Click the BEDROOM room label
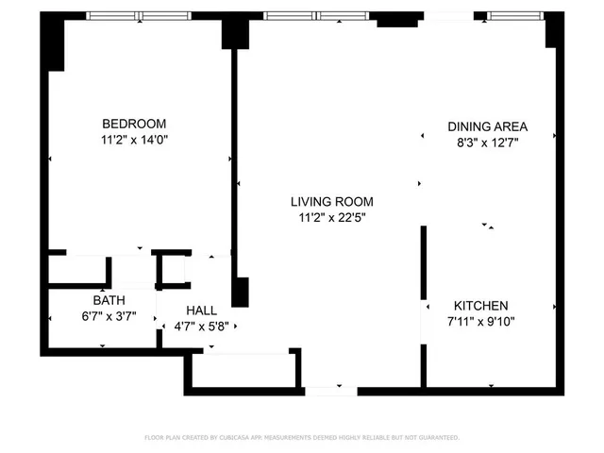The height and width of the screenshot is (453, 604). [134, 124]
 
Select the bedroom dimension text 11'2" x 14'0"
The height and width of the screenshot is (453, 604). [134, 140]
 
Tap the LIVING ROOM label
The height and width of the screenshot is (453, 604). [331, 201]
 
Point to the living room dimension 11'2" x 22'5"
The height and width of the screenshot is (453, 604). [331, 218]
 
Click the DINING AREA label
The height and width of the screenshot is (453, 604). [487, 126]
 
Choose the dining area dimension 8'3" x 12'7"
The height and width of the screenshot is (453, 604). [487, 143]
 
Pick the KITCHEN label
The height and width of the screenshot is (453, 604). [481, 306]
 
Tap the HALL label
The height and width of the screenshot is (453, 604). [201, 310]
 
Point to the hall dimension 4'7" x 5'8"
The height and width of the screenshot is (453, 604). [201, 327]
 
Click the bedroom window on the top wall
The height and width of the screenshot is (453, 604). [140, 16]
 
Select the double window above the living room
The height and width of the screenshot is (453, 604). [318, 16]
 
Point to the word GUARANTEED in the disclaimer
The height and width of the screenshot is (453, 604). [438, 438]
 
